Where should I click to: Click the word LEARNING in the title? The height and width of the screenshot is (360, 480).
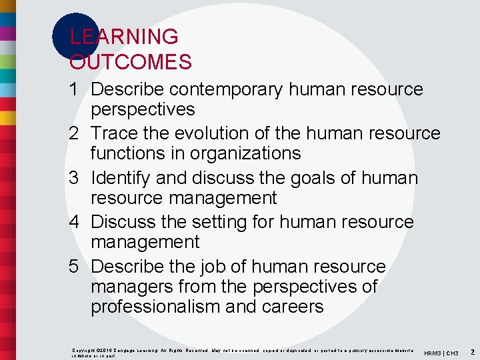pyautogui.click(x=124, y=37)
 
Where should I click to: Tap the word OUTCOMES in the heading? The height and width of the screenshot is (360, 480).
pyautogui.click(x=131, y=62)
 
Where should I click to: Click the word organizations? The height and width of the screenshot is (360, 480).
pyautogui.click(x=246, y=153)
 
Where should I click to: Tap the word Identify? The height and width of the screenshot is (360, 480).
pyautogui.click(x=125, y=178)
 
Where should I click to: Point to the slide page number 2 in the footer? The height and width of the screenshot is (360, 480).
pyautogui.click(x=472, y=351)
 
